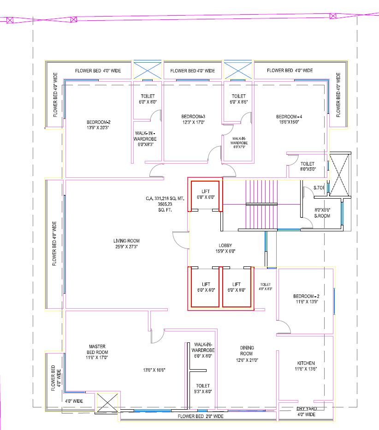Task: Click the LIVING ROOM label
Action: tap(126, 241)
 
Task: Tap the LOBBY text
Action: tap(225, 246)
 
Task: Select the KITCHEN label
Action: tap(306, 363)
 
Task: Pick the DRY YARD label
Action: tap(306, 408)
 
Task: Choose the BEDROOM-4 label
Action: tap(288, 117)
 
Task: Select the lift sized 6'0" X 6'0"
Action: tap(205, 197)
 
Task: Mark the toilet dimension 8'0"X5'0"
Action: tap(308, 169)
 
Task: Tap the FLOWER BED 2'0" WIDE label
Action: tap(201, 416)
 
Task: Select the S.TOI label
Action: tap(319, 188)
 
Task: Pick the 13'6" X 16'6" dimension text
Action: tap(154, 370)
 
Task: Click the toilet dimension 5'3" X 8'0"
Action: tap(202, 392)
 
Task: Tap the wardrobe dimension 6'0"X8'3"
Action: tap(145, 144)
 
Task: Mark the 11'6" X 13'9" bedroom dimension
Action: tap(306, 301)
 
